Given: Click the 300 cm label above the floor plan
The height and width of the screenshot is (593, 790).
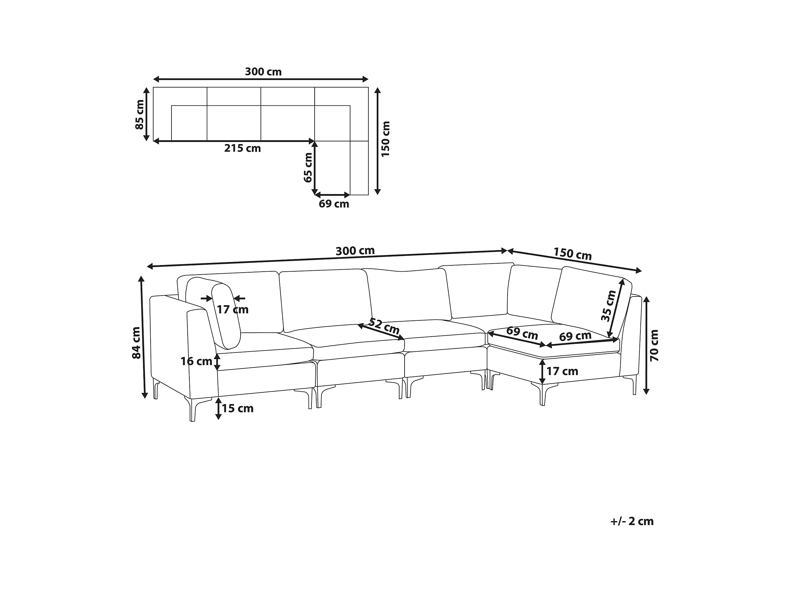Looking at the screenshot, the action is coord(263,72).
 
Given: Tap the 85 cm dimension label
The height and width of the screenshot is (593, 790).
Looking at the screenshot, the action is coord(140,114).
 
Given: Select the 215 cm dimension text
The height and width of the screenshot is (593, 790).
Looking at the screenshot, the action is coord(242,148).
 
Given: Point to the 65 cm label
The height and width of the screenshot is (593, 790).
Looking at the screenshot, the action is coord(308,168).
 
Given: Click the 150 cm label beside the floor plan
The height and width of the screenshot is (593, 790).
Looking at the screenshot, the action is coord(386,139).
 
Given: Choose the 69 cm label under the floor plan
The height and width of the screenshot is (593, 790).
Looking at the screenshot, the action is coord(334,204).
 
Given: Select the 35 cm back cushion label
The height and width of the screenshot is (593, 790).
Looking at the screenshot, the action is coord(609,305).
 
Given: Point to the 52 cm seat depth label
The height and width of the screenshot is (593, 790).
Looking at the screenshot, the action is coord(384,326).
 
